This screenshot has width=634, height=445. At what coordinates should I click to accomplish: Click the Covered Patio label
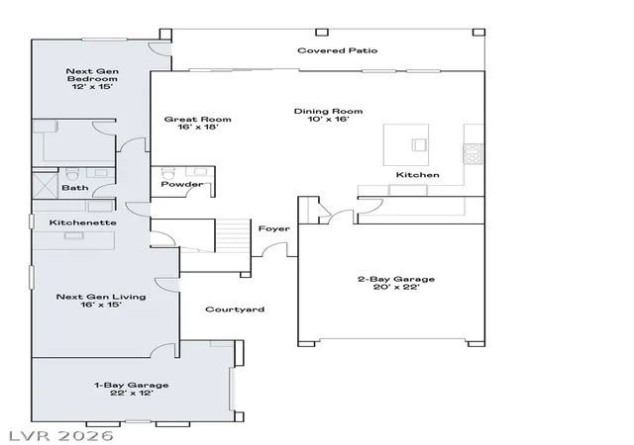tap(337, 50)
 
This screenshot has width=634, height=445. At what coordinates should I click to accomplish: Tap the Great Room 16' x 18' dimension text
tap(198, 127)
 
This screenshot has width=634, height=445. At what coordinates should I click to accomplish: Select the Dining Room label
tap(328, 111)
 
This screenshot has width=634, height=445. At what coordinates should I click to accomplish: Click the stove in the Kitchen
tap(474, 153)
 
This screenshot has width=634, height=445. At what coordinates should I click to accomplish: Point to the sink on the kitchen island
tap(419, 144)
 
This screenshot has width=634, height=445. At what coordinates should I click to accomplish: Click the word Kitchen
tap(417, 175)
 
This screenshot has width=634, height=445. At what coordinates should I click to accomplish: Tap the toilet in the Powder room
tap(167, 174)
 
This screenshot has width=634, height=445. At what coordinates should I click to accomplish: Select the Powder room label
tap(182, 184)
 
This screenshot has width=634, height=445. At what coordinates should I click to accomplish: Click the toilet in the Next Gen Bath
tap(72, 175)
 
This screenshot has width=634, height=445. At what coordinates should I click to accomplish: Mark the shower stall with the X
tap(45, 185)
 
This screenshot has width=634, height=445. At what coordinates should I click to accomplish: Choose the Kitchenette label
tap(83, 222)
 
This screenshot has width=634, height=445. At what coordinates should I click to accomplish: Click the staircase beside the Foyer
tap(232, 235)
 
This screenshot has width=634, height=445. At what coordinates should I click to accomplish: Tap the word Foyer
tap(274, 228)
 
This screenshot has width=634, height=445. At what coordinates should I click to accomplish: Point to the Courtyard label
tap(235, 310)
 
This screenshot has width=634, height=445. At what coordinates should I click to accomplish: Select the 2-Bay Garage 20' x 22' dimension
tap(396, 287)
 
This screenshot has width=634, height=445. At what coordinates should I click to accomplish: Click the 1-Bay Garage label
tap(132, 385)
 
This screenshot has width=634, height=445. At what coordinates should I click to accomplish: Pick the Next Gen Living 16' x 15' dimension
tap(101, 305)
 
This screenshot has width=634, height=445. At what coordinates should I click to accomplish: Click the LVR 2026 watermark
tap(60, 436)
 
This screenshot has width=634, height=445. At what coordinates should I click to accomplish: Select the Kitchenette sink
tap(73, 235)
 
